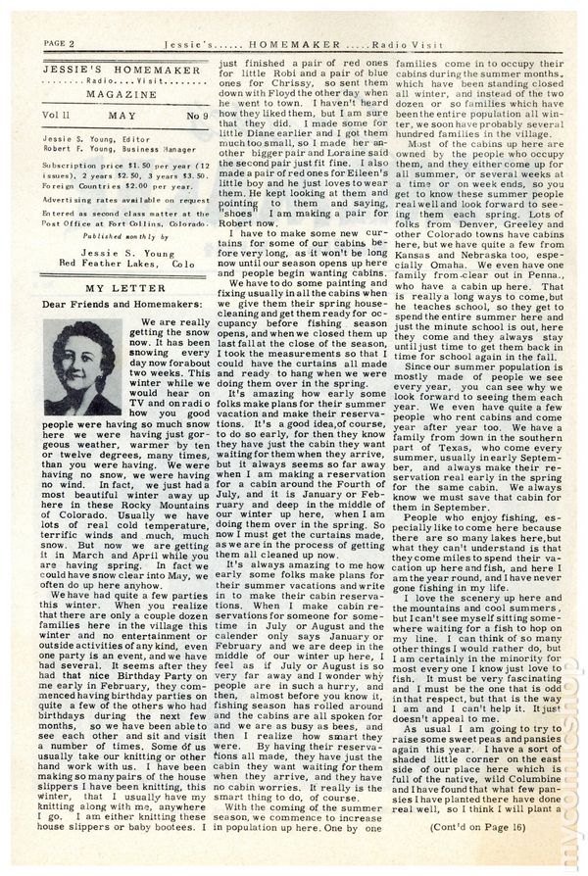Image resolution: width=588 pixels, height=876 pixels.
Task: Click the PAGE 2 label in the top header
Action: tap(61, 43)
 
